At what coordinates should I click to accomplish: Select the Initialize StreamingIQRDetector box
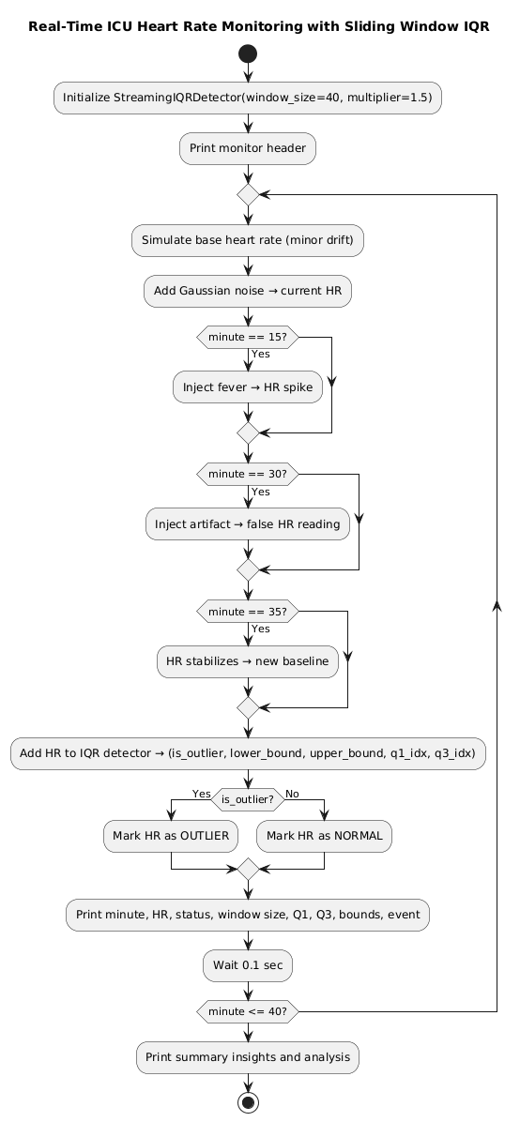point(248,98)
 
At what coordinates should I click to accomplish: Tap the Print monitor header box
point(248,147)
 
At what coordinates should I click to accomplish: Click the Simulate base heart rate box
point(248,241)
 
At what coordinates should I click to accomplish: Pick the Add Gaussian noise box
point(248,292)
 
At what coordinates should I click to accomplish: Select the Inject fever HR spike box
point(248,386)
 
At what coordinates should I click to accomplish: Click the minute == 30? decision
point(248,475)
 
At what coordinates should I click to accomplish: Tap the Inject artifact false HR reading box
point(248,523)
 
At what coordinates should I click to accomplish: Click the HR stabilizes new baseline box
point(248,661)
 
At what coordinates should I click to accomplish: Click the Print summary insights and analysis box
point(248,1057)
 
